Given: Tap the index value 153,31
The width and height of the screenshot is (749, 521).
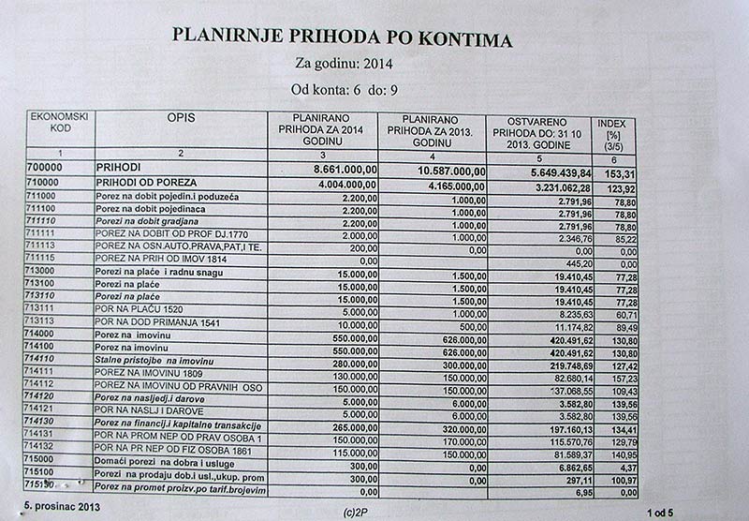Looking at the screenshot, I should pyautogui.click(x=619, y=173).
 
